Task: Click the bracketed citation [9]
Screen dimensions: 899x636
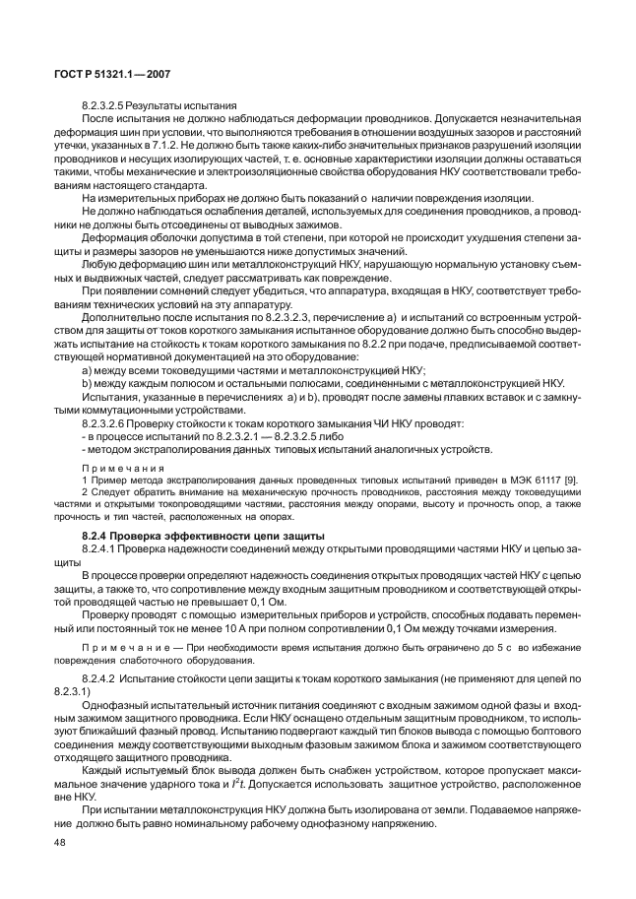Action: (x=569, y=477)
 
